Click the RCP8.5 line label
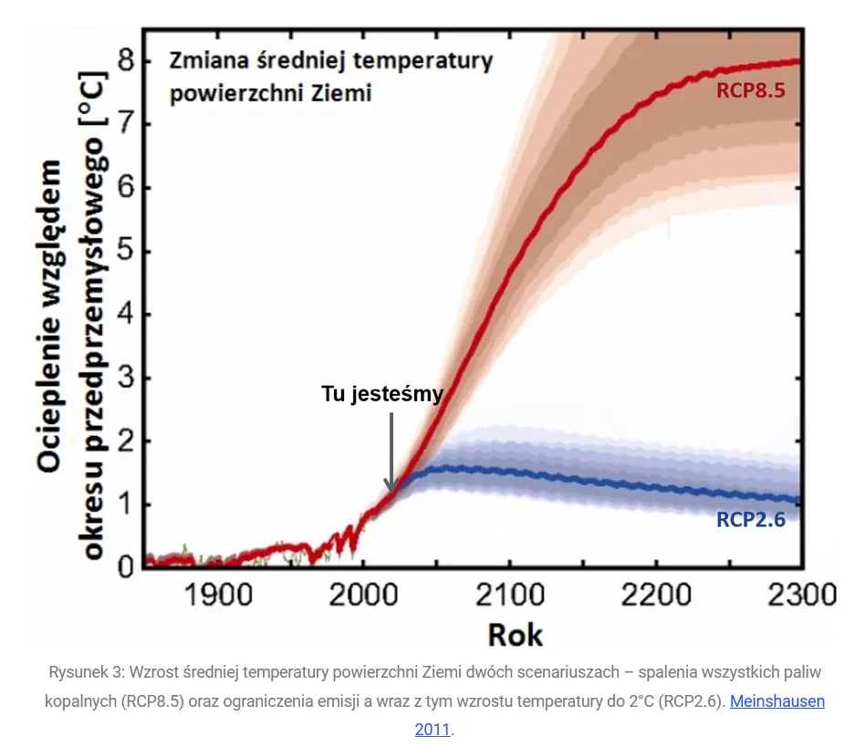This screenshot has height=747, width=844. [x=751, y=91]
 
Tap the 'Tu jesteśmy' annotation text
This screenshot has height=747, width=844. [x=382, y=394]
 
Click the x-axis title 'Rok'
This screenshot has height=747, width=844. [x=516, y=633]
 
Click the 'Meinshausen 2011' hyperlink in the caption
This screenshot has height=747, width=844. [x=776, y=702]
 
